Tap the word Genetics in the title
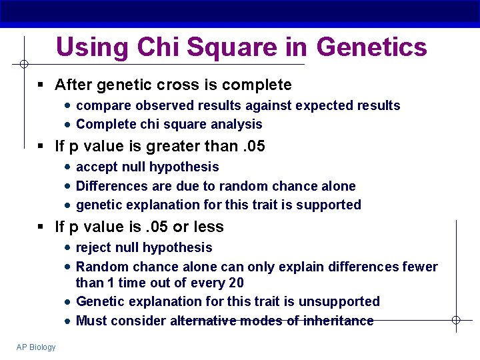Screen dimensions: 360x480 371,47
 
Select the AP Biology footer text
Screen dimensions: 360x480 37,347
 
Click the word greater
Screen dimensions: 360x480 152,146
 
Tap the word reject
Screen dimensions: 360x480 95,247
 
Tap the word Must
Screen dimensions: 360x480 92,321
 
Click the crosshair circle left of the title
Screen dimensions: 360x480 23,65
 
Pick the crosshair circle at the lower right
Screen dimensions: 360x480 456,321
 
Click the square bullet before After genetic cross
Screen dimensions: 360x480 41,85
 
